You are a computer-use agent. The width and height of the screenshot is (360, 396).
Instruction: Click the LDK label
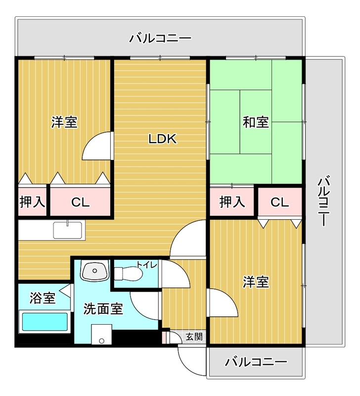[x=163, y=139]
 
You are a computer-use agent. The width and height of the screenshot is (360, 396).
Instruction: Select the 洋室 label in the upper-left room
[x=64, y=122]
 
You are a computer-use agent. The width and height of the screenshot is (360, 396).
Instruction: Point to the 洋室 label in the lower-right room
[x=256, y=282]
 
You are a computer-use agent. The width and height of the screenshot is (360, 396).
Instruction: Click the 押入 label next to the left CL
[x=33, y=202]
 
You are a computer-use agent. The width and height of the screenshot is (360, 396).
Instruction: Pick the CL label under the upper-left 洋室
[x=80, y=202]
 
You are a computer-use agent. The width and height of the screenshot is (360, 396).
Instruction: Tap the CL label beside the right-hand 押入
[x=279, y=202]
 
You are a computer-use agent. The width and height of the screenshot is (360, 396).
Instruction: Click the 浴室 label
[x=43, y=298]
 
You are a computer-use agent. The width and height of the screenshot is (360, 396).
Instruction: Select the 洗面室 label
[x=103, y=309]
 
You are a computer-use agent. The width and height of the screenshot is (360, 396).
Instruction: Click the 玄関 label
[x=193, y=337]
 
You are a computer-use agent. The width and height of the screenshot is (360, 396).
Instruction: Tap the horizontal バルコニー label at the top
[x=160, y=38]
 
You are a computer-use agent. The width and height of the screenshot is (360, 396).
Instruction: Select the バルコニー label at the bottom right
[x=256, y=362]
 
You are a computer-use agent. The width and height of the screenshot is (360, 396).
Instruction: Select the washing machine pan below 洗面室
[x=101, y=335]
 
